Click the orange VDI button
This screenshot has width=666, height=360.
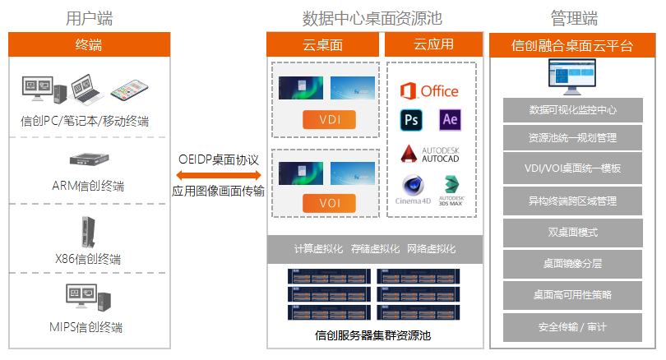pos(328,120)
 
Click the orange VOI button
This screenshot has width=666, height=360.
pos(328,202)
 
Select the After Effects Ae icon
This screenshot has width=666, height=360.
pos(449,120)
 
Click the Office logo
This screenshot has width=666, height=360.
pos(428,90)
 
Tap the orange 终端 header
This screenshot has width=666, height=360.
pos(89,44)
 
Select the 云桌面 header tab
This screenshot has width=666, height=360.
pos(323,44)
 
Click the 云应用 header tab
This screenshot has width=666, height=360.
pos(432,44)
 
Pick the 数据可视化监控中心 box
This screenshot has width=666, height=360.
pos(572,108)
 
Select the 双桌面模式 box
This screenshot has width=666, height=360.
pos(572,233)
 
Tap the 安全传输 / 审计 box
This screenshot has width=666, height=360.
pos(572,326)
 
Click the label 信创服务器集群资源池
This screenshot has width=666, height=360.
pos(373,335)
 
